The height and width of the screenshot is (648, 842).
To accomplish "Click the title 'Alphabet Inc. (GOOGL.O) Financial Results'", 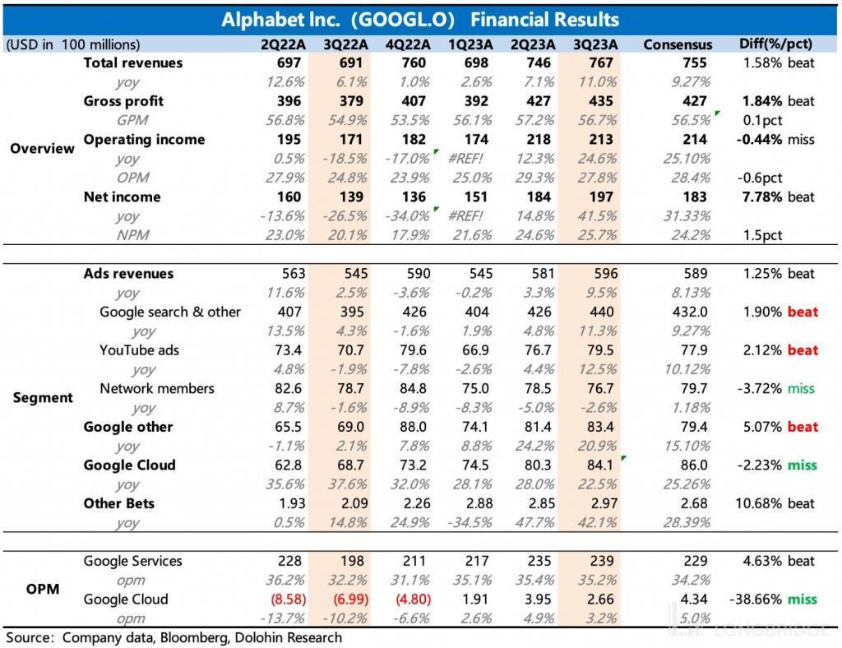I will pyautogui.click(x=420, y=19).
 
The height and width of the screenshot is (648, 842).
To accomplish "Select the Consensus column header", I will pyautogui.click(x=678, y=44).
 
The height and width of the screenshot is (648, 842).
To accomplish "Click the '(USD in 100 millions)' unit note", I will pyautogui.click(x=73, y=44).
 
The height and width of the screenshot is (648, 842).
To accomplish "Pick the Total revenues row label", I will pyautogui.click(x=133, y=62).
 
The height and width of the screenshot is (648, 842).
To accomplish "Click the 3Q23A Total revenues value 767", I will pyautogui.click(x=600, y=62).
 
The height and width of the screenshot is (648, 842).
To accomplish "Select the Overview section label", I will pyautogui.click(x=42, y=149).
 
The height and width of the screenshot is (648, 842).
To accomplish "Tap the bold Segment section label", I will pyautogui.click(x=43, y=397).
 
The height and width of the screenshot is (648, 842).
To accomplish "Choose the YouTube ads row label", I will pyautogui.click(x=139, y=350).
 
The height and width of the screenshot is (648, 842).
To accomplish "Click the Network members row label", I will pyautogui.click(x=156, y=388).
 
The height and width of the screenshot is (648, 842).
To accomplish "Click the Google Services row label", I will pyautogui.click(x=134, y=561).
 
